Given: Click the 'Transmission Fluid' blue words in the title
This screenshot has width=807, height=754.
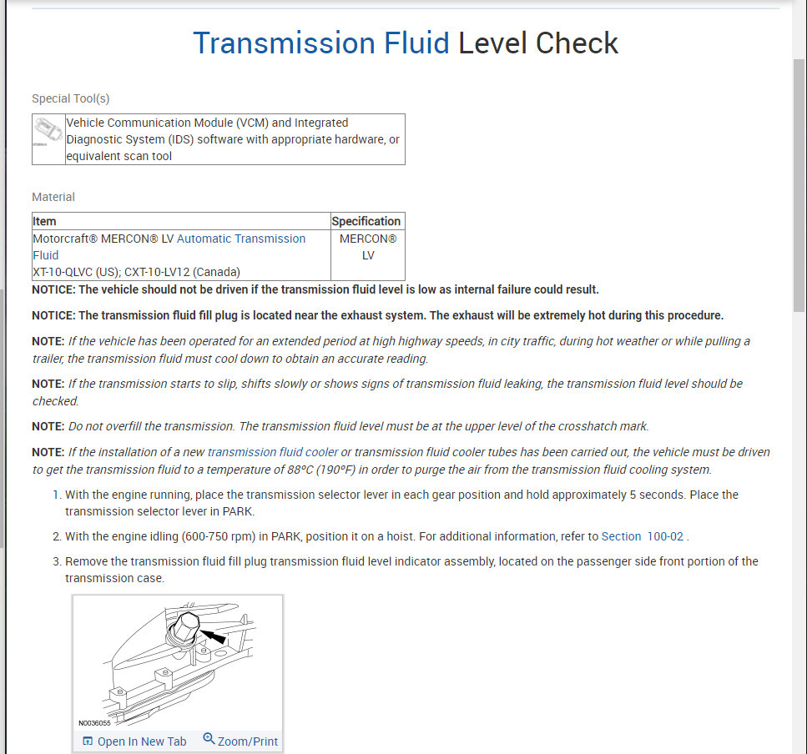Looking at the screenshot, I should pyautogui.click(x=321, y=43).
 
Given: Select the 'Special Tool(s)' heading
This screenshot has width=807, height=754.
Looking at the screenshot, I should pyautogui.click(x=71, y=98).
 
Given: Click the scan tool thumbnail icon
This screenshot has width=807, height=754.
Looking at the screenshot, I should pyautogui.click(x=48, y=133).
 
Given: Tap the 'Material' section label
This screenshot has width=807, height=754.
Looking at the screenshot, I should pyautogui.click(x=53, y=197).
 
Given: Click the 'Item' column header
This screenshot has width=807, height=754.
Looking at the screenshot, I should pyautogui.click(x=45, y=221).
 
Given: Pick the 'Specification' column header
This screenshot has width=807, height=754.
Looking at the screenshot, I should pyautogui.click(x=366, y=221).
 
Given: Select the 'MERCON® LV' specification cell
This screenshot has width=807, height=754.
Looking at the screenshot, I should pyautogui.click(x=368, y=247).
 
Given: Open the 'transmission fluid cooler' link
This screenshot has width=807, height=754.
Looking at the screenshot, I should pyautogui.click(x=273, y=452).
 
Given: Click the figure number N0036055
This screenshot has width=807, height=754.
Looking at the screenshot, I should pyautogui.click(x=94, y=724).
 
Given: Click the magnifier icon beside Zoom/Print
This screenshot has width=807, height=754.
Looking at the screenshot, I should pyautogui.click(x=209, y=740).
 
